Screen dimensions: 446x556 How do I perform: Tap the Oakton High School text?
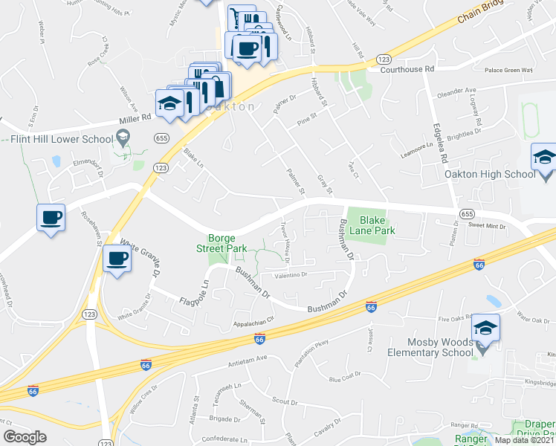pos(489,175)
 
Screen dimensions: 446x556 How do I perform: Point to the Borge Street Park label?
pos(222,242)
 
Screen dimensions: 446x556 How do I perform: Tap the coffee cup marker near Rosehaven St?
pos(51,218)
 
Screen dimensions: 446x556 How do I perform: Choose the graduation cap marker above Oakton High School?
pos(543,158)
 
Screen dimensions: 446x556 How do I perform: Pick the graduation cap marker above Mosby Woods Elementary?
pos(485,328)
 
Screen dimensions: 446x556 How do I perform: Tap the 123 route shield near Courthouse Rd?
pos(384,59)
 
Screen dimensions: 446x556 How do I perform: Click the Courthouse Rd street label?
pos(407,69)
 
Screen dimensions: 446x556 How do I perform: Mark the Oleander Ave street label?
pos(457,91)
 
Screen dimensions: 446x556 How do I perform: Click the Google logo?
pos(25,436)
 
